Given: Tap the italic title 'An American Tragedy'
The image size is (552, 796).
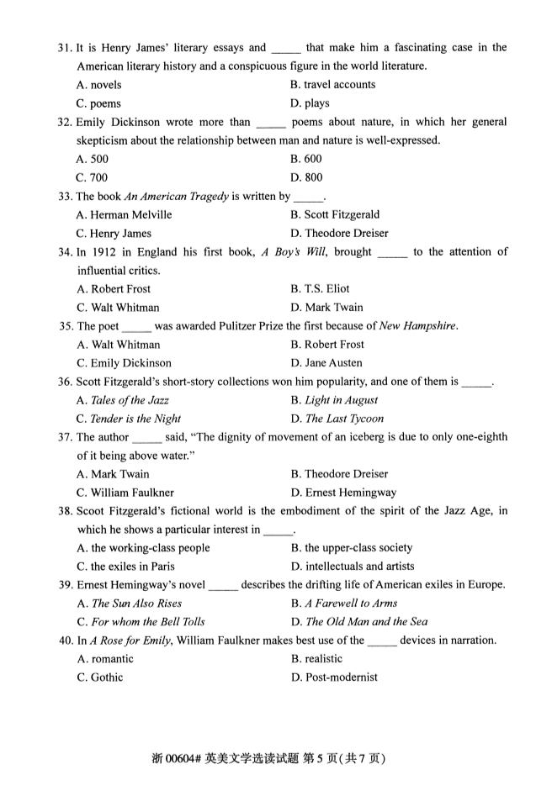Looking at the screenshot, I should [x=176, y=196].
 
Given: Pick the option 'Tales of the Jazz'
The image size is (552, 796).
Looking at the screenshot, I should [x=130, y=400].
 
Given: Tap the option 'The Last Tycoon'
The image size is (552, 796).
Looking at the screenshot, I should [x=344, y=419].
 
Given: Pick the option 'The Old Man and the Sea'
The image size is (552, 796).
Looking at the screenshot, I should [x=366, y=622].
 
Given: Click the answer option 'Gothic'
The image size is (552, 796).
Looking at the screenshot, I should [x=107, y=677].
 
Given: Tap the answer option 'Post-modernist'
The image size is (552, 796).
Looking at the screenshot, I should [x=341, y=677].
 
